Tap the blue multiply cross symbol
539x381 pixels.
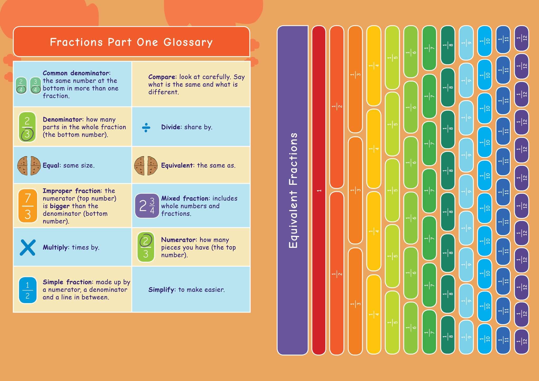28,247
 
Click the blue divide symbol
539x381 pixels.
146,127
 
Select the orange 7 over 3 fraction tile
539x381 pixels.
28,206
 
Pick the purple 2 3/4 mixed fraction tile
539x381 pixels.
147,206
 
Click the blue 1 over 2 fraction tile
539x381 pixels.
28,290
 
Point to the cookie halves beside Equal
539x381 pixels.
29,166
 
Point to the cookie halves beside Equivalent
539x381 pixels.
146,166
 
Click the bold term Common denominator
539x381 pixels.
76,73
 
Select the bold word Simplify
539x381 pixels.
161,290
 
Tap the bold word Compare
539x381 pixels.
162,77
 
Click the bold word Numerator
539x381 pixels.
178,240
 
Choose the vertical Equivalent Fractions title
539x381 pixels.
293,190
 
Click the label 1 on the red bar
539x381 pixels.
319,190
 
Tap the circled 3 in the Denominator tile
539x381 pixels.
27,134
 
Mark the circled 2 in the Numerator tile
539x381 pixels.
146,240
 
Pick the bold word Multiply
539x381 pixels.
55,247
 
